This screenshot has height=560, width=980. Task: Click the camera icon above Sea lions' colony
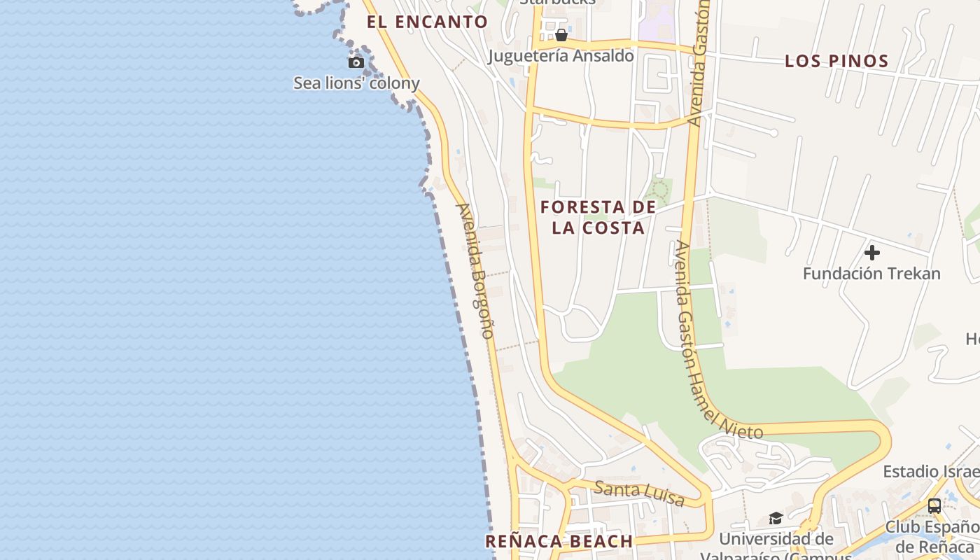pos(356,63)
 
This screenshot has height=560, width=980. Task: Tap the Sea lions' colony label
pos(356,83)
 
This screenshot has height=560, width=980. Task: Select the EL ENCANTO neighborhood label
pos(427,22)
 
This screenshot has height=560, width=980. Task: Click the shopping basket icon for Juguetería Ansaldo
pos(561,35)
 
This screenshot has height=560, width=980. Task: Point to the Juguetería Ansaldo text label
pos(561,56)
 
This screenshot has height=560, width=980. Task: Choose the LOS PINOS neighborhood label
pos(836,61)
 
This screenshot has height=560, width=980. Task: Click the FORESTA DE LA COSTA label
pos(598,217)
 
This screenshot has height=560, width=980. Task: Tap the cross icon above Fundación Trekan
pos(871,252)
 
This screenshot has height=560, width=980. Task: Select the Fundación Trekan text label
pos(871,274)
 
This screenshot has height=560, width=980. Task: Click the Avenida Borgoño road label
pos(476,270)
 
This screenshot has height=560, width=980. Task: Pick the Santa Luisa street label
pos(638,493)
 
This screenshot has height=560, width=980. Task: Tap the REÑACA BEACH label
pos(559,541)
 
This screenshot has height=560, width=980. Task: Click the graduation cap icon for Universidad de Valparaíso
pos(776,518)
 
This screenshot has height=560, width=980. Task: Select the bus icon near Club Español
pos(934,505)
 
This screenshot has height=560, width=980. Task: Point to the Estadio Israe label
pos(931,472)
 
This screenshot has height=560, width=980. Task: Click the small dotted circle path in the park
pos(657,190)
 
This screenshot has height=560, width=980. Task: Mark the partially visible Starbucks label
pos(557,3)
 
